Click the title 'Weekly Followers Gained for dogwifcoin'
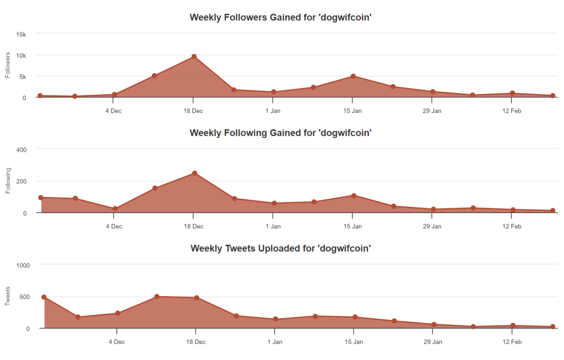click(x=281, y=17)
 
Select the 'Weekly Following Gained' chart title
click(x=281, y=133)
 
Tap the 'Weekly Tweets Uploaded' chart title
click(x=281, y=248)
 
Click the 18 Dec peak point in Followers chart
click(x=194, y=57)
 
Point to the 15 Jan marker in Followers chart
click(x=353, y=76)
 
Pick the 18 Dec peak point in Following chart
click(x=194, y=173)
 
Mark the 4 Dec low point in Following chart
click(x=115, y=209)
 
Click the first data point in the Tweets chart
click(x=44, y=297)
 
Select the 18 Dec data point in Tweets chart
click(x=196, y=298)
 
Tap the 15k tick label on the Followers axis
click(x=21, y=34)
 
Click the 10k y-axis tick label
click(x=21, y=56)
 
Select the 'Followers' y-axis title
click(x=8, y=65)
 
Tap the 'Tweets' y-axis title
click(x=8, y=296)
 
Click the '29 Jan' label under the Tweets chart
click(x=433, y=342)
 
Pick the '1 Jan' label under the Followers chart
click(x=273, y=111)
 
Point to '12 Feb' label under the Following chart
click(x=512, y=226)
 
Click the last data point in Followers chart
click(x=552, y=96)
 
